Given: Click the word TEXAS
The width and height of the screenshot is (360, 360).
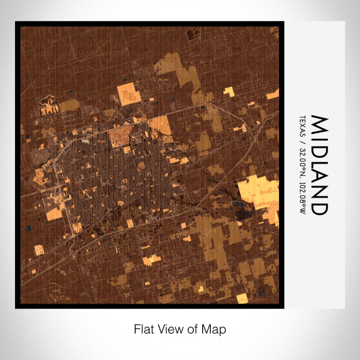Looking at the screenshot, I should [x=303, y=125].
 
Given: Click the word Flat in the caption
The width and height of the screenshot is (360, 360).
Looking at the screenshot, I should [x=142, y=328].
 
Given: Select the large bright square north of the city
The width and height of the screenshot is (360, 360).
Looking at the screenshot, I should [x=129, y=94].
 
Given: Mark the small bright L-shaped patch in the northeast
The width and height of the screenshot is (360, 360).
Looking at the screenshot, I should [x=229, y=92].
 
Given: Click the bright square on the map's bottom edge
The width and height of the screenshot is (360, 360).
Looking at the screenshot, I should [x=242, y=298].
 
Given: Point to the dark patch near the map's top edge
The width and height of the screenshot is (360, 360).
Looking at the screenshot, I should [x=194, y=34].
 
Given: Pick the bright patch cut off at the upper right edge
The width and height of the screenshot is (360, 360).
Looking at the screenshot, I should [x=273, y=94].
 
